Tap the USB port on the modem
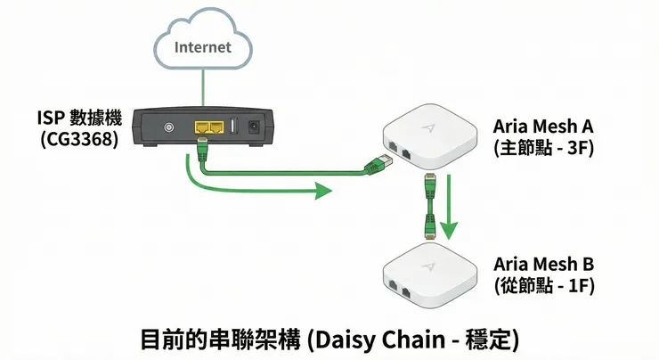pyautogui.click(x=233, y=126)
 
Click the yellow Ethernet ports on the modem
pyautogui.click(x=207, y=127)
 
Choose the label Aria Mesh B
pyautogui.click(x=541, y=265)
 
